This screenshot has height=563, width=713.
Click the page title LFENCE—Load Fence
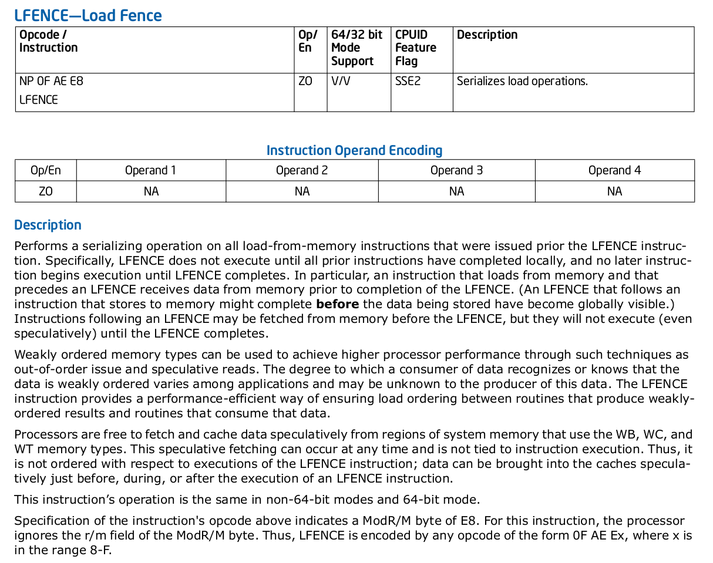pyautogui.click(x=88, y=15)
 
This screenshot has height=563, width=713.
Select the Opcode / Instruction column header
pyautogui.click(x=48, y=41)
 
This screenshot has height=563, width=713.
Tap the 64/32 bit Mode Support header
pyautogui.click(x=356, y=48)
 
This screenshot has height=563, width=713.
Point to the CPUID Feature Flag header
pyautogui.click(x=415, y=48)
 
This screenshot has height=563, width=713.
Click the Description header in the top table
pyautogui.click(x=487, y=35)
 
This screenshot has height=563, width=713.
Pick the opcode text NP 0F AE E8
pyautogui.click(x=51, y=81)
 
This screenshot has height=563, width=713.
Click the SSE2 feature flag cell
pyautogui.click(x=408, y=81)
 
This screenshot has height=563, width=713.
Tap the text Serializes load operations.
pyautogui.click(x=522, y=81)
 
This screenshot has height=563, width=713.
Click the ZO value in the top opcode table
pyautogui.click(x=305, y=81)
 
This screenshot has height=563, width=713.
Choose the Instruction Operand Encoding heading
pyautogui.click(x=354, y=150)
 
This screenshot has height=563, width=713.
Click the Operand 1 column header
pyautogui.click(x=150, y=170)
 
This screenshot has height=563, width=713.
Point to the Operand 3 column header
pyautogui.click(x=456, y=170)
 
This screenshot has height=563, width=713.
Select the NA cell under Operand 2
pyautogui.click(x=302, y=191)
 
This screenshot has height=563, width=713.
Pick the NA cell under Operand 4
pyautogui.click(x=614, y=191)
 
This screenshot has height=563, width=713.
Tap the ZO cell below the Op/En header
pyautogui.click(x=46, y=191)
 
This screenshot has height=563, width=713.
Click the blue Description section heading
pyautogui.click(x=48, y=225)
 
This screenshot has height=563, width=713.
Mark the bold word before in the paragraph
pyautogui.click(x=337, y=304)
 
